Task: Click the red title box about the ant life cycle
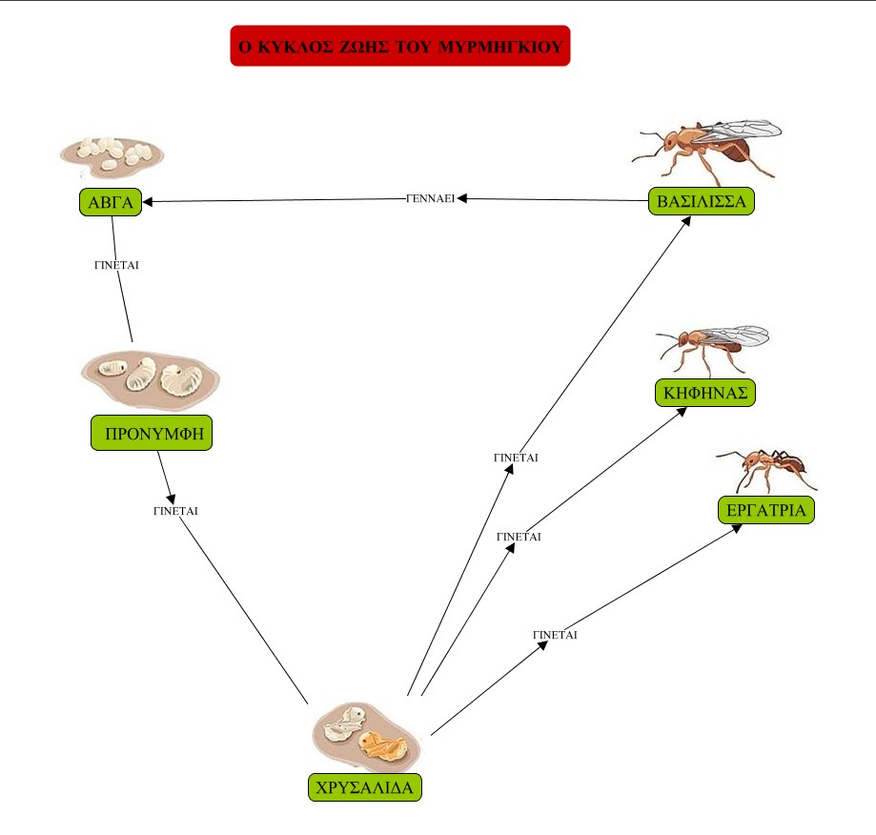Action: tap(399, 46)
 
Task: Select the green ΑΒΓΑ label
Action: tap(111, 202)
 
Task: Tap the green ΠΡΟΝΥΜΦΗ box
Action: tap(152, 434)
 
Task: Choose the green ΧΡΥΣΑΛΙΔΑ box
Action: tap(364, 787)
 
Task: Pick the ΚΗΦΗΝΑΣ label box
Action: tap(705, 392)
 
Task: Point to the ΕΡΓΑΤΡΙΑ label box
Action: tap(765, 511)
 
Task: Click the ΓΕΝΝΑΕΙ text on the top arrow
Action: tap(429, 198)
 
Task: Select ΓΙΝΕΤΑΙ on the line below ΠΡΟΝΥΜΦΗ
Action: tap(175, 511)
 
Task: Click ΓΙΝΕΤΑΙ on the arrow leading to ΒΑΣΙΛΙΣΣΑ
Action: tap(516, 458)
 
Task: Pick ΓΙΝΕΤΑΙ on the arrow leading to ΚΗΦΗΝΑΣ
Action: tap(519, 537)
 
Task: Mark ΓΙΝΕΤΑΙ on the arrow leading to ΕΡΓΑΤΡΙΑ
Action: tap(555, 634)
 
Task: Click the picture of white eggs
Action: tap(112, 153)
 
